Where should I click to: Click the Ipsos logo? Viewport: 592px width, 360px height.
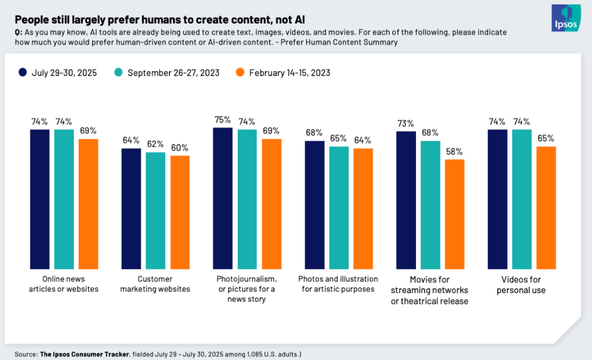566,18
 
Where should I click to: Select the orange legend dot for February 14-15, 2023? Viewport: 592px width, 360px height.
240,73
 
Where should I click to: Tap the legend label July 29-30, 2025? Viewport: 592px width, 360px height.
64,73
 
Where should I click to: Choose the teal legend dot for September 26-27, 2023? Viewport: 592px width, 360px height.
119,73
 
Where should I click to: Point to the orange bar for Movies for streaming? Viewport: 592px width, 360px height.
455,214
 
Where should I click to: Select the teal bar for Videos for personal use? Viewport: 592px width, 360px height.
522,199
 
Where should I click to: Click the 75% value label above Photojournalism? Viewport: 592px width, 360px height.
222,120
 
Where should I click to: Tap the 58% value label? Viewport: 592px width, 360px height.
455,151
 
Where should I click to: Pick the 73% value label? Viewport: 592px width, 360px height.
406,124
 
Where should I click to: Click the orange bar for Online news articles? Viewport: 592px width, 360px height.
88,204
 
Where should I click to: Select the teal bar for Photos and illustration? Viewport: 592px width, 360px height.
339,208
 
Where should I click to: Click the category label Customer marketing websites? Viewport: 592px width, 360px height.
155,284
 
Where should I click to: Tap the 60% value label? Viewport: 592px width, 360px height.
180,148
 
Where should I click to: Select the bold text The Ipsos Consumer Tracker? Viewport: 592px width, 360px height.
84,354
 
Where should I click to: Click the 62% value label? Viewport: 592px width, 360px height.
155,144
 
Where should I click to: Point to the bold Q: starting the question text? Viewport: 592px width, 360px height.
18,33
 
